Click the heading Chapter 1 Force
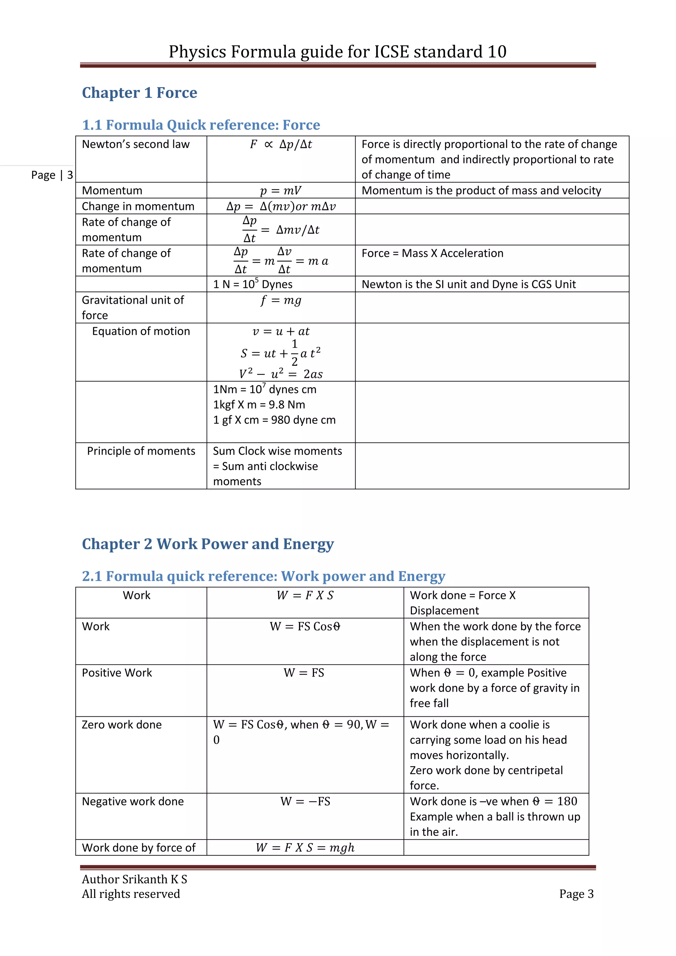coord(139,92)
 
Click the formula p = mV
coord(281,191)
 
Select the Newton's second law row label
coord(136,144)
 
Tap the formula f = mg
coord(281,300)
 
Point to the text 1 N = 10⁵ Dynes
coord(253,284)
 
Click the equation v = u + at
coord(281,331)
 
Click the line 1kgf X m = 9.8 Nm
coord(259,405)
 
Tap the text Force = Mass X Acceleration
coord(432,253)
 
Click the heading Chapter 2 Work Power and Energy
coord(208,544)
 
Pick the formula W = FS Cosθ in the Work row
coord(305,627)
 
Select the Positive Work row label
coord(117,673)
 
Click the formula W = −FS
coord(305,802)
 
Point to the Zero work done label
coord(121,725)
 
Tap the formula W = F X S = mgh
coord(305,848)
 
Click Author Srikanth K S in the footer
coord(134,879)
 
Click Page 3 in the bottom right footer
coord(576,894)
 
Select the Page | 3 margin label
coord(52,175)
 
